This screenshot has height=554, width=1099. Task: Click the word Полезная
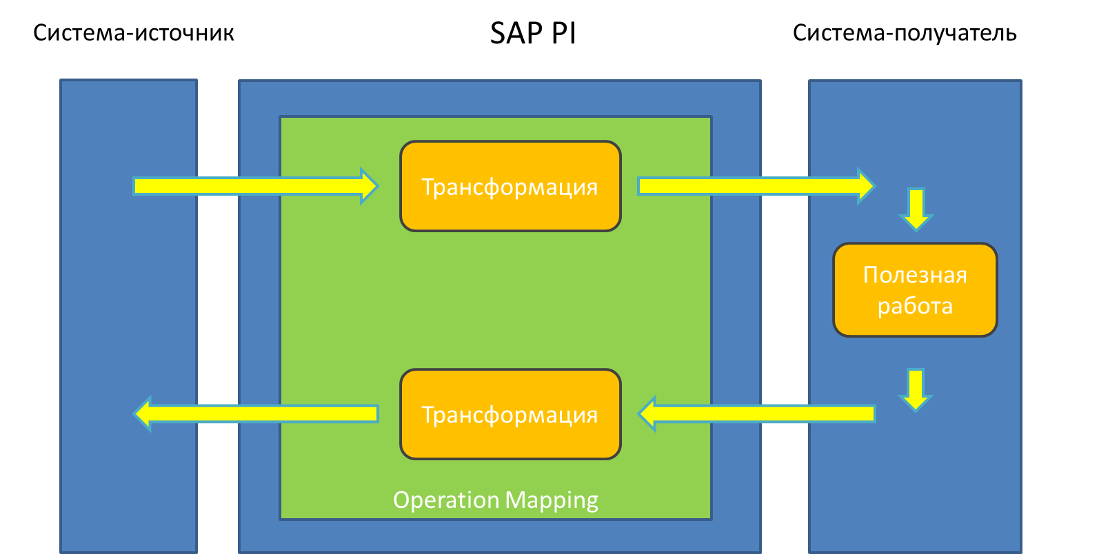tap(915, 275)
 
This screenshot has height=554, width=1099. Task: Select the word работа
tap(915, 306)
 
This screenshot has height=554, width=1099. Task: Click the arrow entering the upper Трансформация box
tap(248, 185)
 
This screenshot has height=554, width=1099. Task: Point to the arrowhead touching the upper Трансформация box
tap(370, 185)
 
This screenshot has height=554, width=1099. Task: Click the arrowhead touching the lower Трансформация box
tap(647, 413)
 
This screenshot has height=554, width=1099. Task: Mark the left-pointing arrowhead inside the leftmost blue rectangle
tap(142, 413)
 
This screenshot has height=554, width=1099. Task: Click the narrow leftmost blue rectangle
tap(128, 310)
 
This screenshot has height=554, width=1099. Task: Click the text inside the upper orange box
tap(510, 187)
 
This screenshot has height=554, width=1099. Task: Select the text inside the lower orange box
tap(510, 415)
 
